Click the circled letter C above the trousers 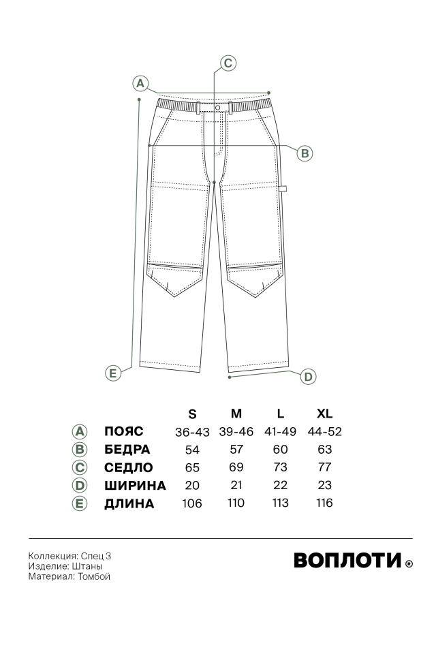228,63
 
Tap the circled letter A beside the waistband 140,83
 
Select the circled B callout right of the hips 305,153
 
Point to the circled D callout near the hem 308,377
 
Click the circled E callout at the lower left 112,373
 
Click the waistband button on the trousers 217,108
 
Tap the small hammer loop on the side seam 283,188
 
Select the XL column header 324,414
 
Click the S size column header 192,414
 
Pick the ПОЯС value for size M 236,432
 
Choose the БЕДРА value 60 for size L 281,449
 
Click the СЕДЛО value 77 324,467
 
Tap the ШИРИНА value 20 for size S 192,485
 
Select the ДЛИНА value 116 324,503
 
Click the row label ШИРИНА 135,486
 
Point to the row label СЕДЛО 129,467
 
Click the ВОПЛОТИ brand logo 347,560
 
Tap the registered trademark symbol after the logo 409,563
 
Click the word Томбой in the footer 94,576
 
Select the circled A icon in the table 79,432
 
